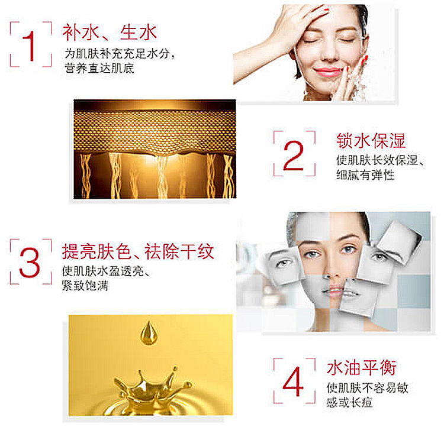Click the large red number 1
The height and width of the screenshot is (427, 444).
[30, 46]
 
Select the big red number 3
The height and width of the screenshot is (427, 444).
[30, 263]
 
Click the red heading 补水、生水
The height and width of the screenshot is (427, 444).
[110, 33]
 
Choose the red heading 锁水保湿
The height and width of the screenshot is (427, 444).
[371, 141]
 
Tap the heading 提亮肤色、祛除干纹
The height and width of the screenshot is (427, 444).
[138, 251]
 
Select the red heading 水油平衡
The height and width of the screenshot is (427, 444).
[362, 368]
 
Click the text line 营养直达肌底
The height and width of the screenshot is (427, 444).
[99, 69]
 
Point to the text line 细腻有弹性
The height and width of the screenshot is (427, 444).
[365, 175]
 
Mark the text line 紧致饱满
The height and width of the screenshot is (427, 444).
[85, 286]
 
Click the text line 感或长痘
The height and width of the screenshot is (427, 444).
[349, 402]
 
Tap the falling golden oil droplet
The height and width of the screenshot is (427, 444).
[149, 334]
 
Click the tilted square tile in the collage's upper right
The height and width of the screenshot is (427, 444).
[400, 242]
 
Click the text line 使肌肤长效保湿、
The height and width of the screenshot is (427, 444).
[380, 160]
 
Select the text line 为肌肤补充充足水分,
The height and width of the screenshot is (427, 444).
[120, 53]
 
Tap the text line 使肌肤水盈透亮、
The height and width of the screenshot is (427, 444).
[106, 271]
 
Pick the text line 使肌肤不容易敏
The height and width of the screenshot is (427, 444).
[367, 387]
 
